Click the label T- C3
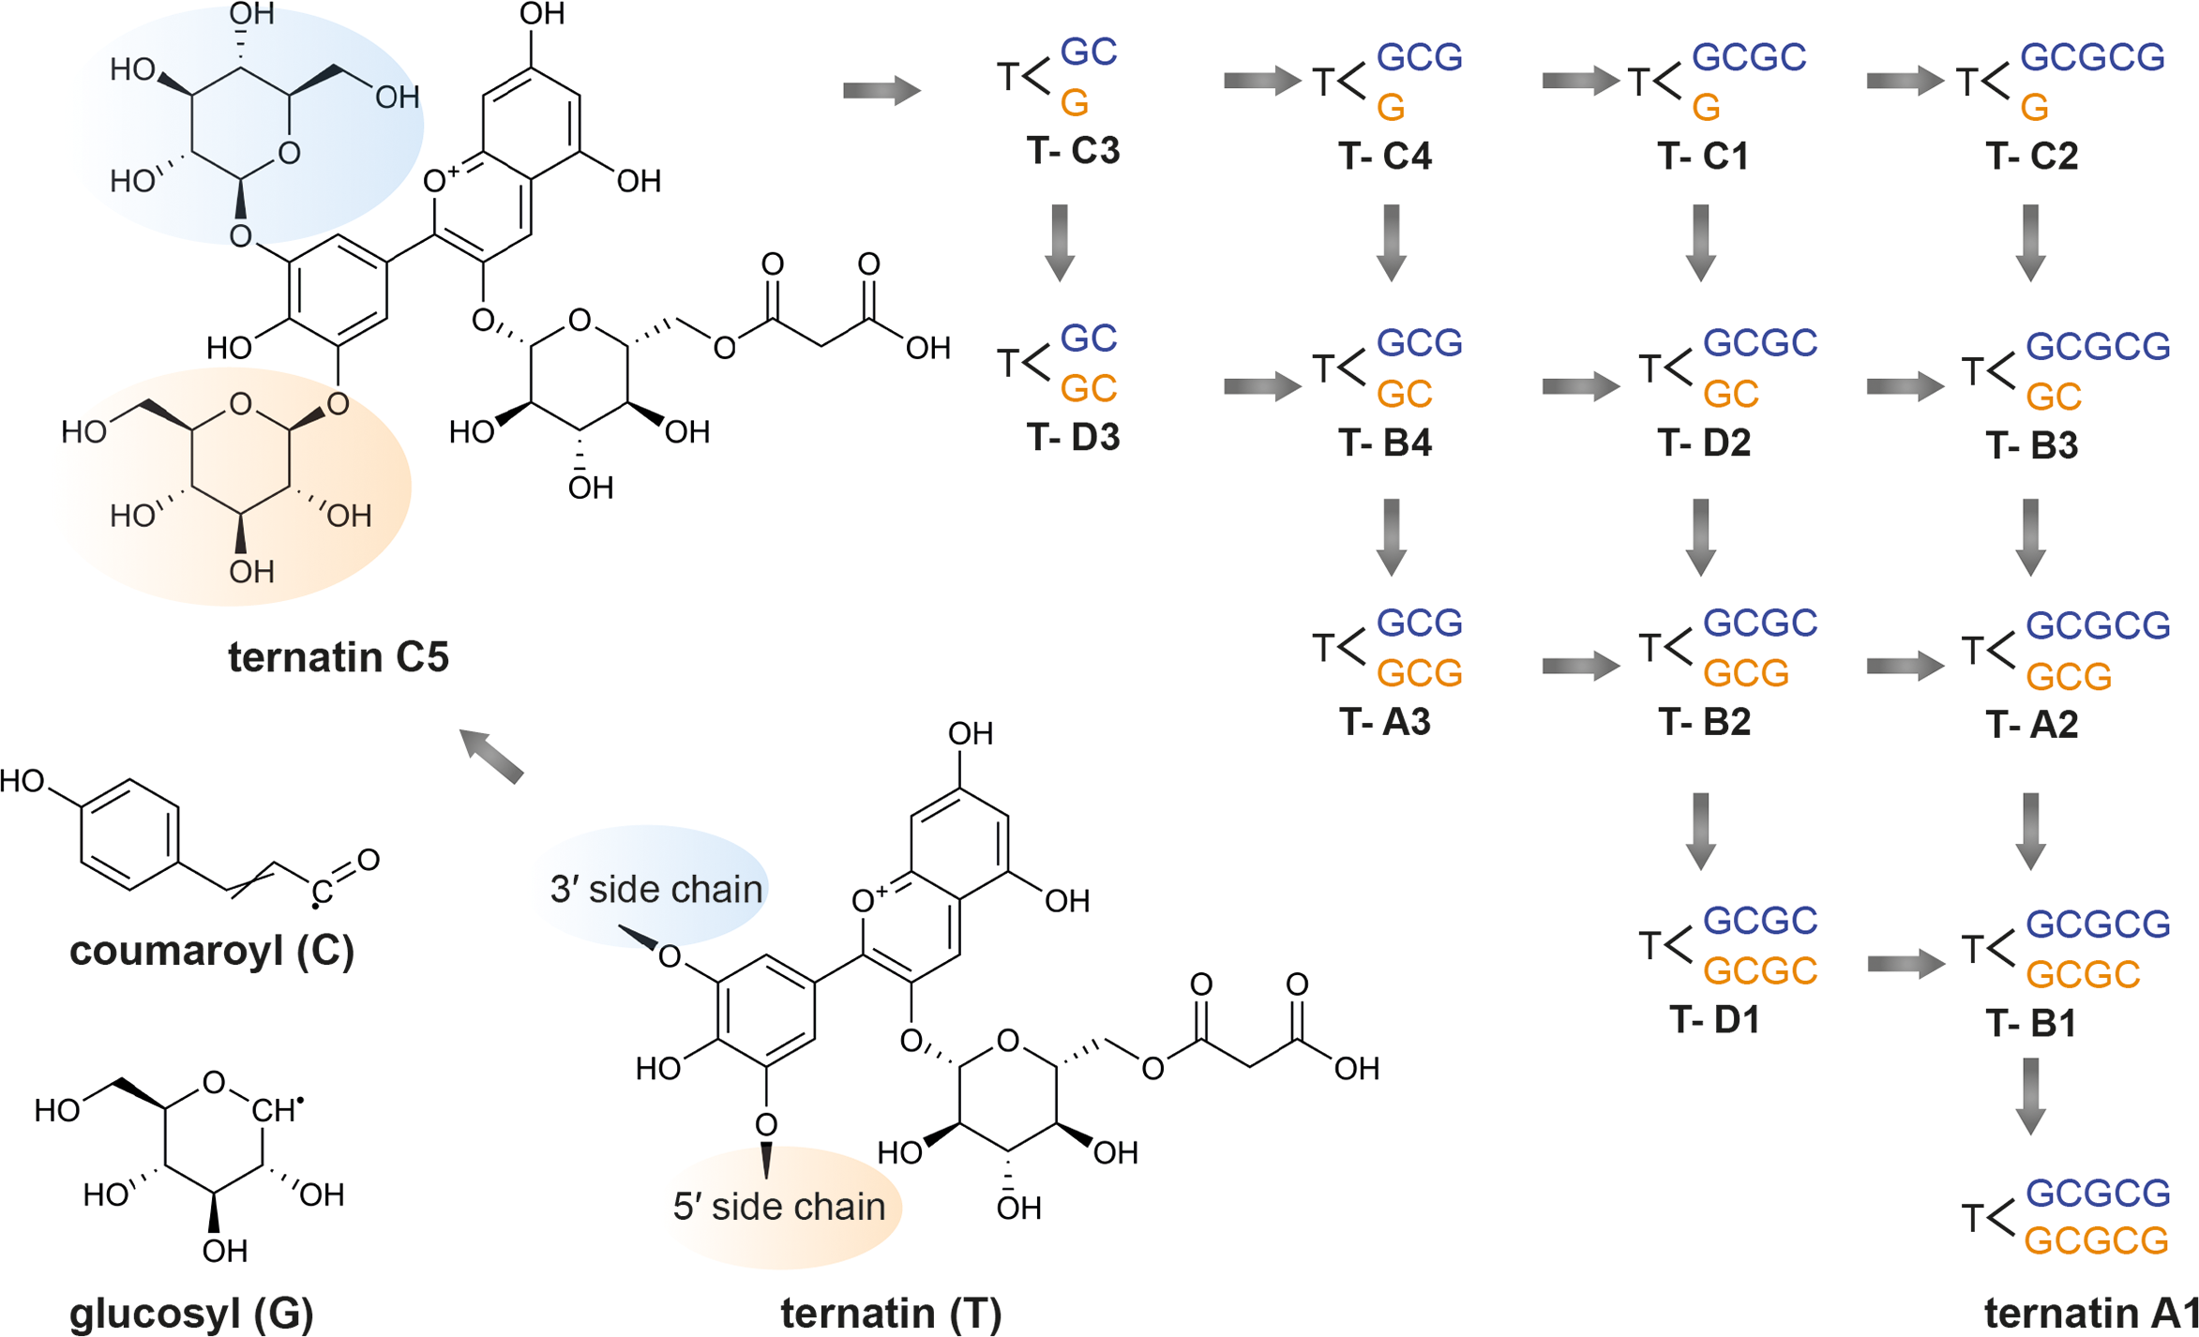1073,151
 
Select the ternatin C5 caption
339,657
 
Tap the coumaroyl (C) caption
212,951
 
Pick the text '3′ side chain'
655,890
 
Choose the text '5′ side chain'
778,1207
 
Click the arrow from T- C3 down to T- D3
1060,242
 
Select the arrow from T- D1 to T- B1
1905,964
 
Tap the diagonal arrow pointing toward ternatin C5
491,756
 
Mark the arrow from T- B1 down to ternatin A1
2030,1095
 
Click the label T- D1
1714,1020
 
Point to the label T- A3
1385,722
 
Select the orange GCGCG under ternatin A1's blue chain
2097,1241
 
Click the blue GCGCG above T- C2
2092,58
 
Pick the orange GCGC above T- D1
1760,971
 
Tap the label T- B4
1385,443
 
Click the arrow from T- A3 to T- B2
1580,667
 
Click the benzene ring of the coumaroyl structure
129,834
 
